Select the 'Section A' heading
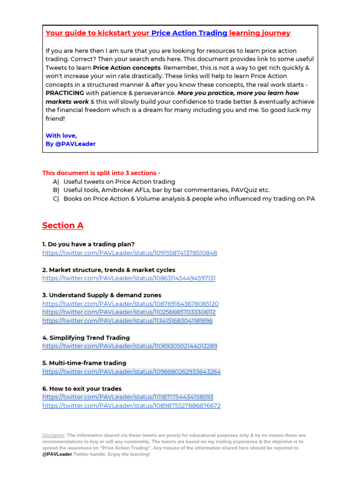pos(63,225)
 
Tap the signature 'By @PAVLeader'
pos(70,144)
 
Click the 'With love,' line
pos(61,135)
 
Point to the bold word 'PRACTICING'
pos(65,93)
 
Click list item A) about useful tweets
pos(119,181)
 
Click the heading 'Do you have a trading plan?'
pos(88,244)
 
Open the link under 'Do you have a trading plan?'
pos(129,253)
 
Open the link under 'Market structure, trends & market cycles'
pos(129,278)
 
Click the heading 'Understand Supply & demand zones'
pos(102,295)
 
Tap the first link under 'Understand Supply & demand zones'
pos(130,304)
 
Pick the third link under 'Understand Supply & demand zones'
pos(127,321)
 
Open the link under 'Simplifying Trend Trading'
pos(129,346)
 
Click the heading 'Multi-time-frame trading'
pos(84,363)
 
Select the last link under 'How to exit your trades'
pos(131,405)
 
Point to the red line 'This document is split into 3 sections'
pos(101,173)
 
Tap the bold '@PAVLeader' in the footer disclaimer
pos(57,454)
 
